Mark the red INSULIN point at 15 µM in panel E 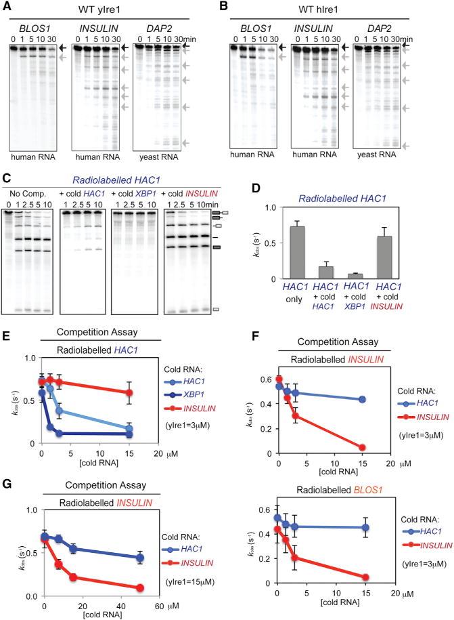click(129, 392)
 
